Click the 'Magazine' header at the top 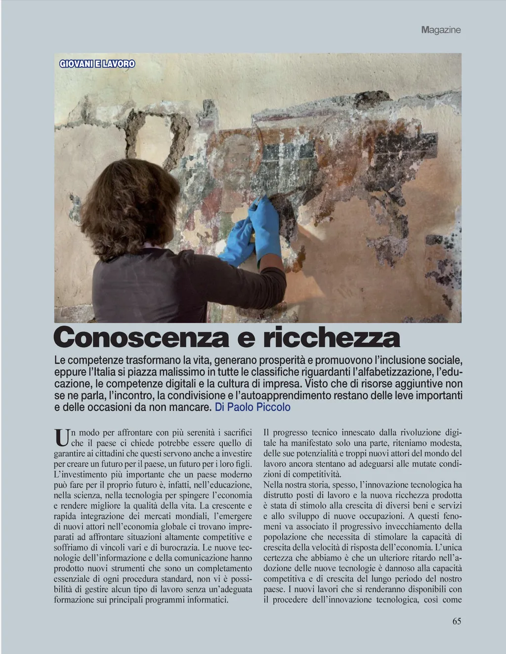click(x=441, y=30)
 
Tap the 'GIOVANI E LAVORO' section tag click(x=97, y=64)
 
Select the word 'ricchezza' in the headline click(x=331, y=338)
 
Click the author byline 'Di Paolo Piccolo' click(x=253, y=408)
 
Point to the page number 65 click(x=457, y=621)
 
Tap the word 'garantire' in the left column click(x=70, y=452)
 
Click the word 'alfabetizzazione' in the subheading click(x=388, y=371)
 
